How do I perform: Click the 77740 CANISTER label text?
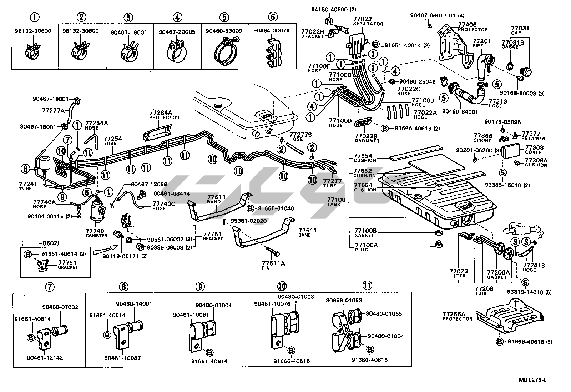(96, 233)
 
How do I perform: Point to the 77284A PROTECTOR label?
(164, 115)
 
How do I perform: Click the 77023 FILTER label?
(458, 273)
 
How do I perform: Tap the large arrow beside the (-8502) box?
(106, 250)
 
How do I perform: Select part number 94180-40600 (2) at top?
(328, 9)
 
